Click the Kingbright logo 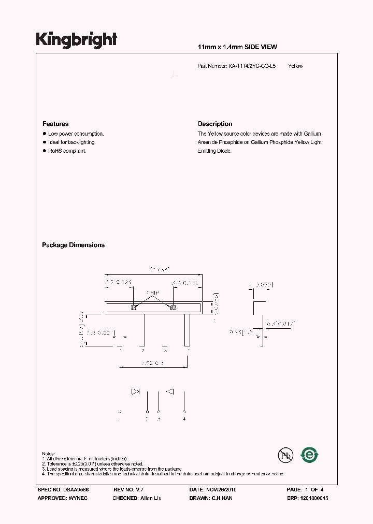pos(76,40)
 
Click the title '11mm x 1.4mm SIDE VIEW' pos(238,47)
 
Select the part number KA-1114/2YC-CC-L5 pos(252,66)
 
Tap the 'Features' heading pos(55,124)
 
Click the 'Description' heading pos(215,124)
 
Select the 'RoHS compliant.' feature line pos(67,151)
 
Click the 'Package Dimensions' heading pos(73,245)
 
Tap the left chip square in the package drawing pos(134,308)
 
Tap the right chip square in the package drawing pos(173,308)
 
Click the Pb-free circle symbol pos(284,455)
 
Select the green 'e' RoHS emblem pos(310,455)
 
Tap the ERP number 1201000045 pos(314,498)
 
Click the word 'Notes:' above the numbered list pos(48,453)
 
